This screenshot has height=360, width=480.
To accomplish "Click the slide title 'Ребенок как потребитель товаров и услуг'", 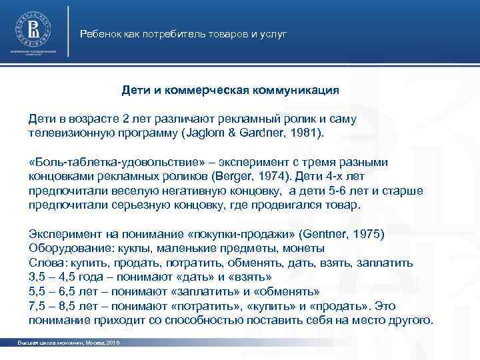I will tap(183, 33).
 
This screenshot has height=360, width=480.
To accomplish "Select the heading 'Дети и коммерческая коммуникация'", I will tap(231, 89).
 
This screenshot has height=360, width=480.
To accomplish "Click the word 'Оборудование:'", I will tap(63, 248).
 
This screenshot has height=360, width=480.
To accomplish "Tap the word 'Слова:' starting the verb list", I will tap(46, 262).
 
